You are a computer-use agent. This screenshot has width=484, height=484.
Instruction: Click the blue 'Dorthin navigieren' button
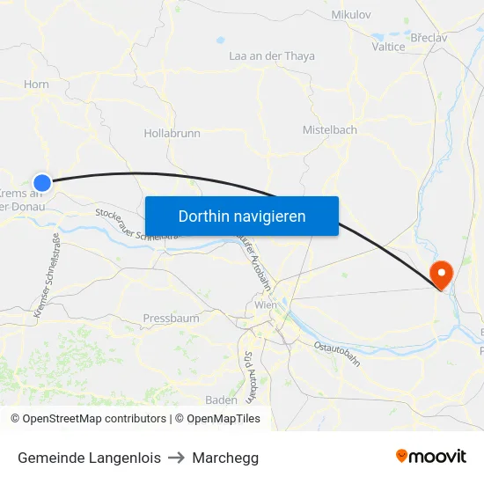point(241,216)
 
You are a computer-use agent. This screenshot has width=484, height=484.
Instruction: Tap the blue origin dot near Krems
point(41,182)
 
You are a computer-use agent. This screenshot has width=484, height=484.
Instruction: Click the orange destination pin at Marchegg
point(438,272)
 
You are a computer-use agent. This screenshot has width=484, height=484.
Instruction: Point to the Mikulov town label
point(351,15)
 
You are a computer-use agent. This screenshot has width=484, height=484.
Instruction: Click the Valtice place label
point(388,47)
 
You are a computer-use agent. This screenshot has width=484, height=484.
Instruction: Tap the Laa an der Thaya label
point(271,56)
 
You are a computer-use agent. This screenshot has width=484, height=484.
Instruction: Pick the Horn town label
point(37,84)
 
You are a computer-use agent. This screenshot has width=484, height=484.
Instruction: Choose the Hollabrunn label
point(172,134)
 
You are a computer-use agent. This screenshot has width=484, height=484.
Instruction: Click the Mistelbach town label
point(330,129)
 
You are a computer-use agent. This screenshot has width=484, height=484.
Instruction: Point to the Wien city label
point(265,304)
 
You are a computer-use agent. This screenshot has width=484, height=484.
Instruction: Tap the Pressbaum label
point(171,318)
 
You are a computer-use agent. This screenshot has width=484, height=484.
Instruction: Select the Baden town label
point(221,400)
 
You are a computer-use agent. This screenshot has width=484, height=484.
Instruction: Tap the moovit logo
point(431,456)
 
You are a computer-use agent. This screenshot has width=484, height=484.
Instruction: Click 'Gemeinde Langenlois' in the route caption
point(89,458)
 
